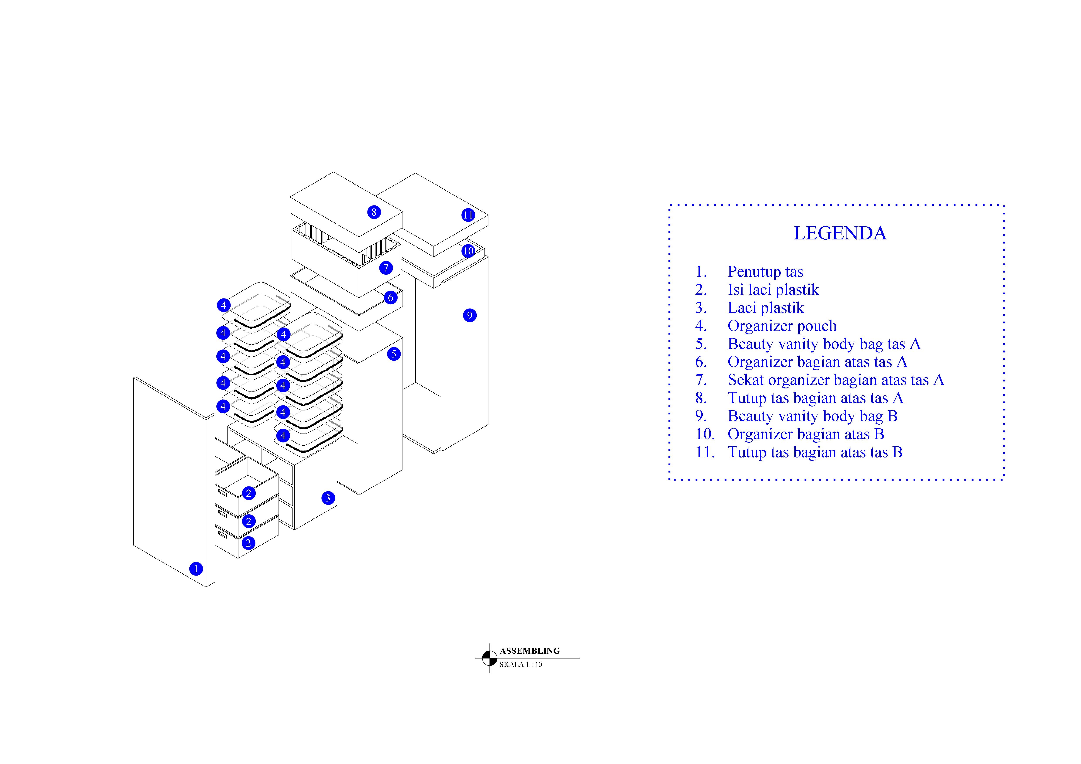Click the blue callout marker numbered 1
coord(196,569)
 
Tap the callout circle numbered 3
coord(328,498)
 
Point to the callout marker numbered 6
coord(390,298)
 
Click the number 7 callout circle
coord(386,268)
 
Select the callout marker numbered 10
coord(468,251)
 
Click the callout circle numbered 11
coord(468,215)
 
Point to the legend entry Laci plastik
coord(766,308)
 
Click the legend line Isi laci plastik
coord(773,290)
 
